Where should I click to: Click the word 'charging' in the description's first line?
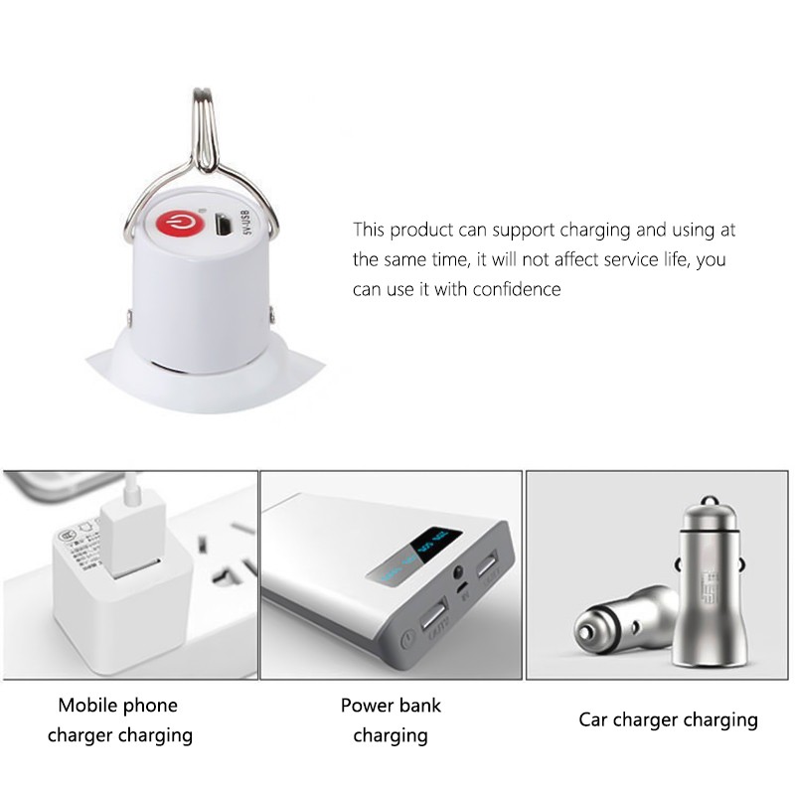point(594,231)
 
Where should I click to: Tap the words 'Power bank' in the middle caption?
point(391,706)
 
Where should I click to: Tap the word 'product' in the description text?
point(420,231)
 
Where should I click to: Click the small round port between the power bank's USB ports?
point(459,573)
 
